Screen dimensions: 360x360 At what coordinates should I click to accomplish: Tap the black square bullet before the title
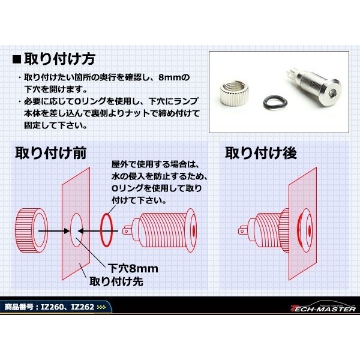point(17,60)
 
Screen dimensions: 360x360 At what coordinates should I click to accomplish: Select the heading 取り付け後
point(261,152)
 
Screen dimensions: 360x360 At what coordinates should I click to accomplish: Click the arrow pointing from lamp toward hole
point(92,229)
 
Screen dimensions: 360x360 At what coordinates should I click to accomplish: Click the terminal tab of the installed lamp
point(242,229)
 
